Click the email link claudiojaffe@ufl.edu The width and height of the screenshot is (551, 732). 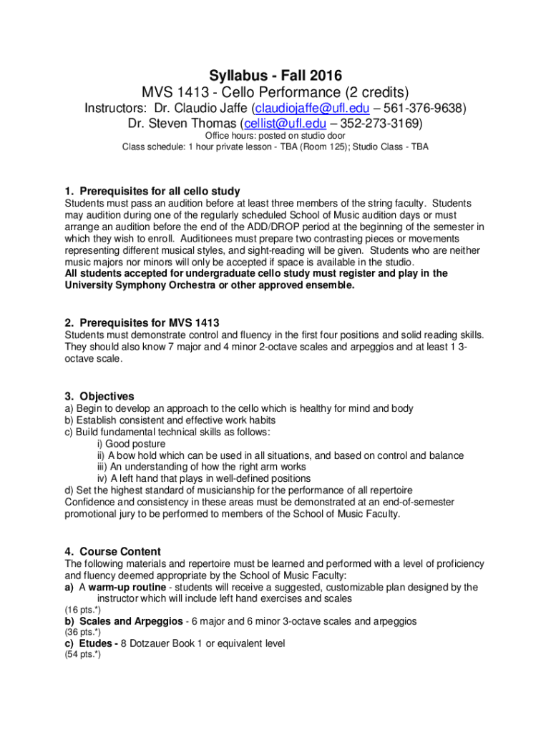pos(312,109)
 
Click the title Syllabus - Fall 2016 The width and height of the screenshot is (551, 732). pos(275,75)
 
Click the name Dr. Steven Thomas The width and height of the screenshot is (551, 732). pos(181,124)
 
